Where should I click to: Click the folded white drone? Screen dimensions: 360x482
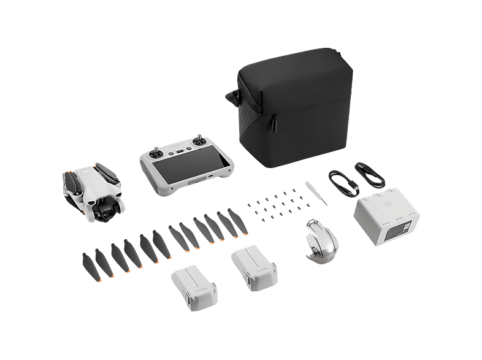pos(91,190)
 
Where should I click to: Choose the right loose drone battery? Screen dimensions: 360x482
pos(253,266)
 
